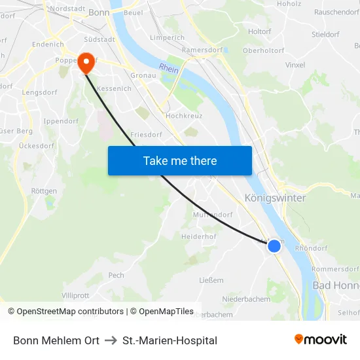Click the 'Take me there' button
pos(180,160)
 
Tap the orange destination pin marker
pos(86,63)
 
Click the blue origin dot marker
pos(274,245)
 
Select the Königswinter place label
pos(275,198)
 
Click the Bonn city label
pos(99,12)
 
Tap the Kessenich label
pos(114,88)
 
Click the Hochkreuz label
pos(184,115)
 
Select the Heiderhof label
pos(198,236)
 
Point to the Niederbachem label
pos(246,299)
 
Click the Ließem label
pos(211,280)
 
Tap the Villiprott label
pos(75,295)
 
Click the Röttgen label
pos(44,191)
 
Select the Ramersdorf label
pos(202,50)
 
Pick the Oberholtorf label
pos(263,50)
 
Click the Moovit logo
pos(321,339)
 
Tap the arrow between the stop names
pos(111,340)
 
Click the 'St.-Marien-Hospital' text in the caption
pos(170,340)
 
